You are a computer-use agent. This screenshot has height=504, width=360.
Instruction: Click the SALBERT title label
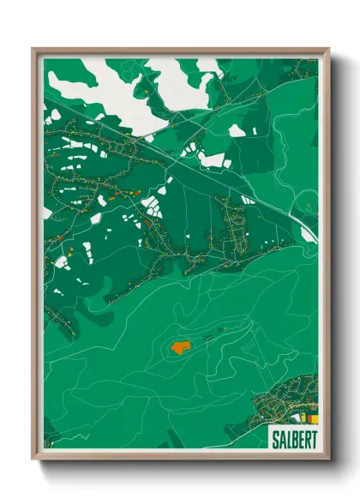(x=292, y=437)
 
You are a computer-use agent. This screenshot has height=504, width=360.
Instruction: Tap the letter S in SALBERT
(x=274, y=437)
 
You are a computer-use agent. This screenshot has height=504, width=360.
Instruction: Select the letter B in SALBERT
(x=292, y=437)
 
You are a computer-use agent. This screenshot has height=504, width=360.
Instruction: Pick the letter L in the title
(x=286, y=437)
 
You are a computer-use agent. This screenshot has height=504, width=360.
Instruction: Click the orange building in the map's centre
(x=181, y=347)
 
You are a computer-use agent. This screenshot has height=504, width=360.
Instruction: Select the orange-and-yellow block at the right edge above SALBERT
(x=313, y=418)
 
